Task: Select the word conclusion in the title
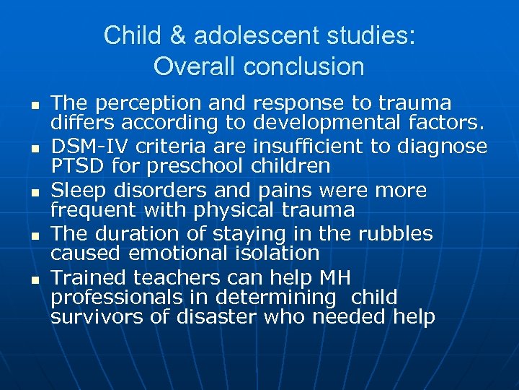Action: click(x=304, y=67)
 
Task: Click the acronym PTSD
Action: click(x=75, y=167)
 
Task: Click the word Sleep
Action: click(x=76, y=191)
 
